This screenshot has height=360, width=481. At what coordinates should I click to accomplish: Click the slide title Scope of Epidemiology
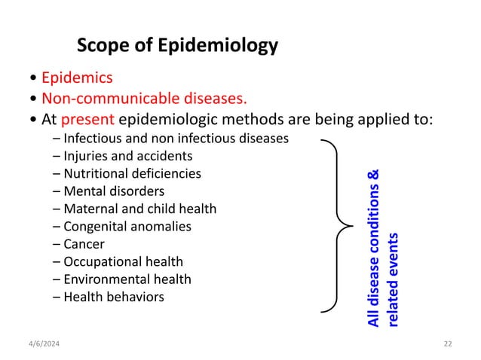point(177,47)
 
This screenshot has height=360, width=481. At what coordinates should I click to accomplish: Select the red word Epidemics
point(77,78)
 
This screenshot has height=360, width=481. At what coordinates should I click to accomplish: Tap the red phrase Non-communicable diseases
point(144,98)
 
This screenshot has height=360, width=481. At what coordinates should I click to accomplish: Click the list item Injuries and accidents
point(127,156)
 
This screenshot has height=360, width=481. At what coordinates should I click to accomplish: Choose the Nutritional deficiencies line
point(132,173)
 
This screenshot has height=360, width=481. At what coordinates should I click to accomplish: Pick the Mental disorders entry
point(114,191)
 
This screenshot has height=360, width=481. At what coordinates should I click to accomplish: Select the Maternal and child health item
point(139,209)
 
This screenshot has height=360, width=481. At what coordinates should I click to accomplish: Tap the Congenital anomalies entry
point(127,226)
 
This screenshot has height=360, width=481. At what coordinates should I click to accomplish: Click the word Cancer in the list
point(84,244)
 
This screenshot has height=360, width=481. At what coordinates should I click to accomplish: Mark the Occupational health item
point(123,261)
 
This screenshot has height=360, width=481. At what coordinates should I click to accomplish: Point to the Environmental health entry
point(127,279)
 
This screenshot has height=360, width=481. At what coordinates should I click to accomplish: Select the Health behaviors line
point(113,297)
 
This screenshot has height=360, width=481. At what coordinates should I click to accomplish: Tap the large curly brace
point(337,224)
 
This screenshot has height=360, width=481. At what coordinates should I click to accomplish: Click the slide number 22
point(448,343)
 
